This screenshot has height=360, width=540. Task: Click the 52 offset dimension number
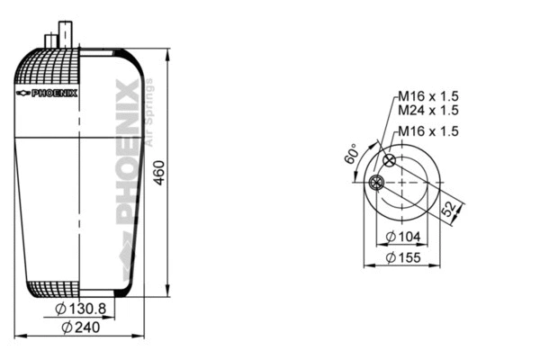447,209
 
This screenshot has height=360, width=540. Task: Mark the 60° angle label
352,155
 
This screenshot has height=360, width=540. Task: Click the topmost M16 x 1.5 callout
428,96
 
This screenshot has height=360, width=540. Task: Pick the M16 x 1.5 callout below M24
428,131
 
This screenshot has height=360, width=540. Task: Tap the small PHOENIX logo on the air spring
48,93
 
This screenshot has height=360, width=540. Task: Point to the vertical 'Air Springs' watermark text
150,112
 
